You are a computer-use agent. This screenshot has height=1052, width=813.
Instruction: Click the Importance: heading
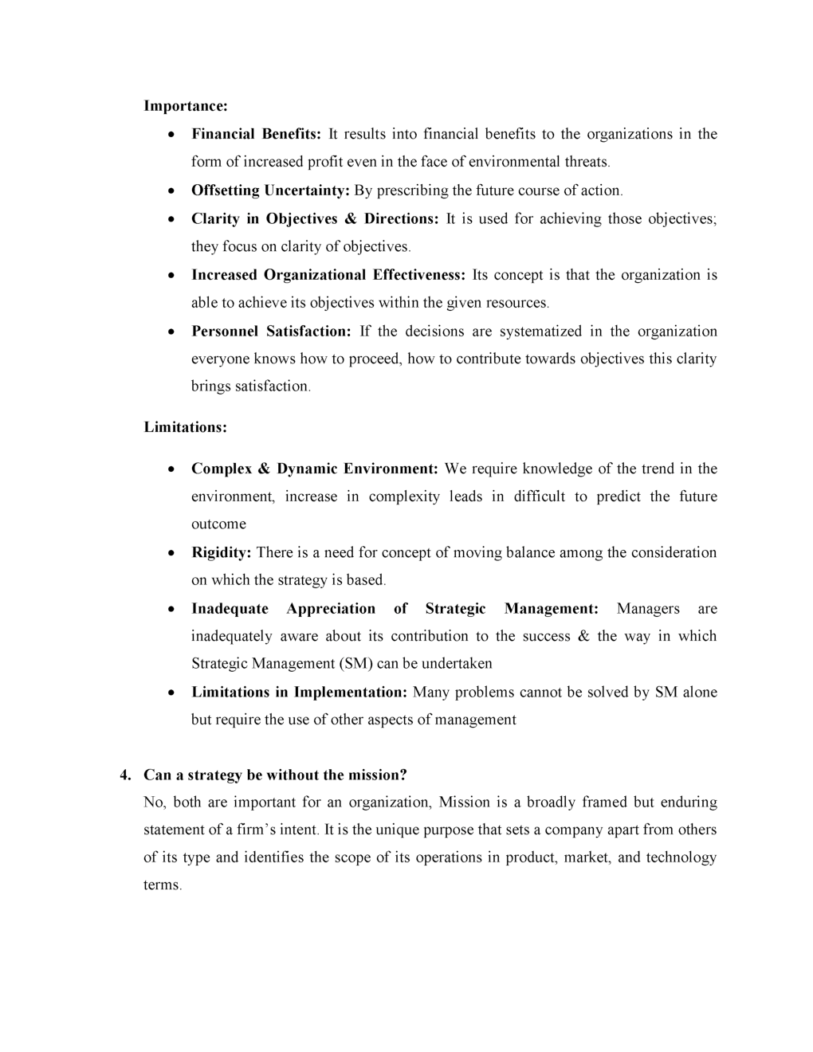(186, 106)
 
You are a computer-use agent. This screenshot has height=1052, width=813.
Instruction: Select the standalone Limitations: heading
(185, 427)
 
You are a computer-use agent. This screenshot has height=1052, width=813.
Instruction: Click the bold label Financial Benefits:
(256, 134)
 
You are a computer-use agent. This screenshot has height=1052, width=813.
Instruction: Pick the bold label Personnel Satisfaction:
(271, 332)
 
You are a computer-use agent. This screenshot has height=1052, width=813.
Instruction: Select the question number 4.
(124, 775)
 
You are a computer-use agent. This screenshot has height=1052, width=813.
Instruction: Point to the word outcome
(218, 524)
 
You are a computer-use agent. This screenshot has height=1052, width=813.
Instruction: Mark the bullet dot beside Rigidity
(172, 553)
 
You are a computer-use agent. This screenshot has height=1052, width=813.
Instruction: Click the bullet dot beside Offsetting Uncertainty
(172, 191)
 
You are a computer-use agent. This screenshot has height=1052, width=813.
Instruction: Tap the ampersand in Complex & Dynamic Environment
(264, 469)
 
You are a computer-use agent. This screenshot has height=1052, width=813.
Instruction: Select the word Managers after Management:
(648, 609)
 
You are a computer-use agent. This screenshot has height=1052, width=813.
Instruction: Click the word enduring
(689, 802)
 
